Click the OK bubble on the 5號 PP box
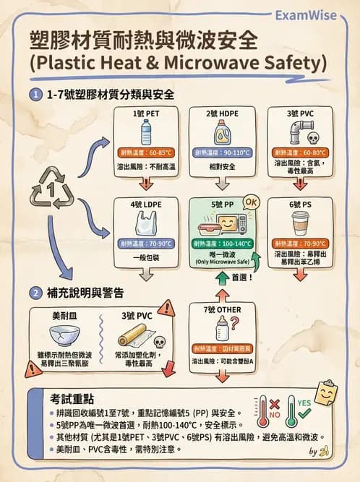click(252, 201)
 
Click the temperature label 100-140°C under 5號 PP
click(222, 244)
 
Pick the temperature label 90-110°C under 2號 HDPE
click(222, 153)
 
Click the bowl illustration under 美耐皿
click(64, 335)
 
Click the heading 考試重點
click(70, 399)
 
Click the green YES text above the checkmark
click(304, 402)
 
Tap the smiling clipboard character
click(326, 393)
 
